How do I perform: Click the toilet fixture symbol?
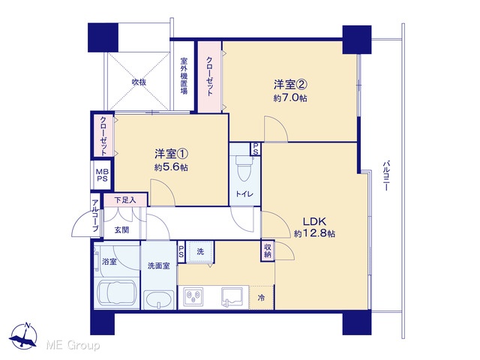[244, 168]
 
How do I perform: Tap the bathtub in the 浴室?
[117, 293]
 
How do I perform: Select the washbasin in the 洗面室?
[159, 300]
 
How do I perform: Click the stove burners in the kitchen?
[193, 296]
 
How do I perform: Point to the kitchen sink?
[232, 297]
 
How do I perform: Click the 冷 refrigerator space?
[261, 297]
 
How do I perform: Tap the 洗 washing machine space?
[200, 252]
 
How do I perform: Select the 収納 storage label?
[268, 250]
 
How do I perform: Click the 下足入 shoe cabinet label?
[125, 200]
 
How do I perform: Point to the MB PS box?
[102, 175]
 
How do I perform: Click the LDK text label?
[314, 220]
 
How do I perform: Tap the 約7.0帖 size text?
[290, 98]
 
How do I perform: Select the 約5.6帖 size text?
[171, 168]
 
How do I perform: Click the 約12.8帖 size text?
[314, 233]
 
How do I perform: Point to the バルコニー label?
[386, 175]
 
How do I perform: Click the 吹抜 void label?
[139, 82]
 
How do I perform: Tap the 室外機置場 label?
[184, 76]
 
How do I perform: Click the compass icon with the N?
[23, 336]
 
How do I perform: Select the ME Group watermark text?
[73, 345]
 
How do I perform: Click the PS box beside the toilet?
[256, 148]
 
